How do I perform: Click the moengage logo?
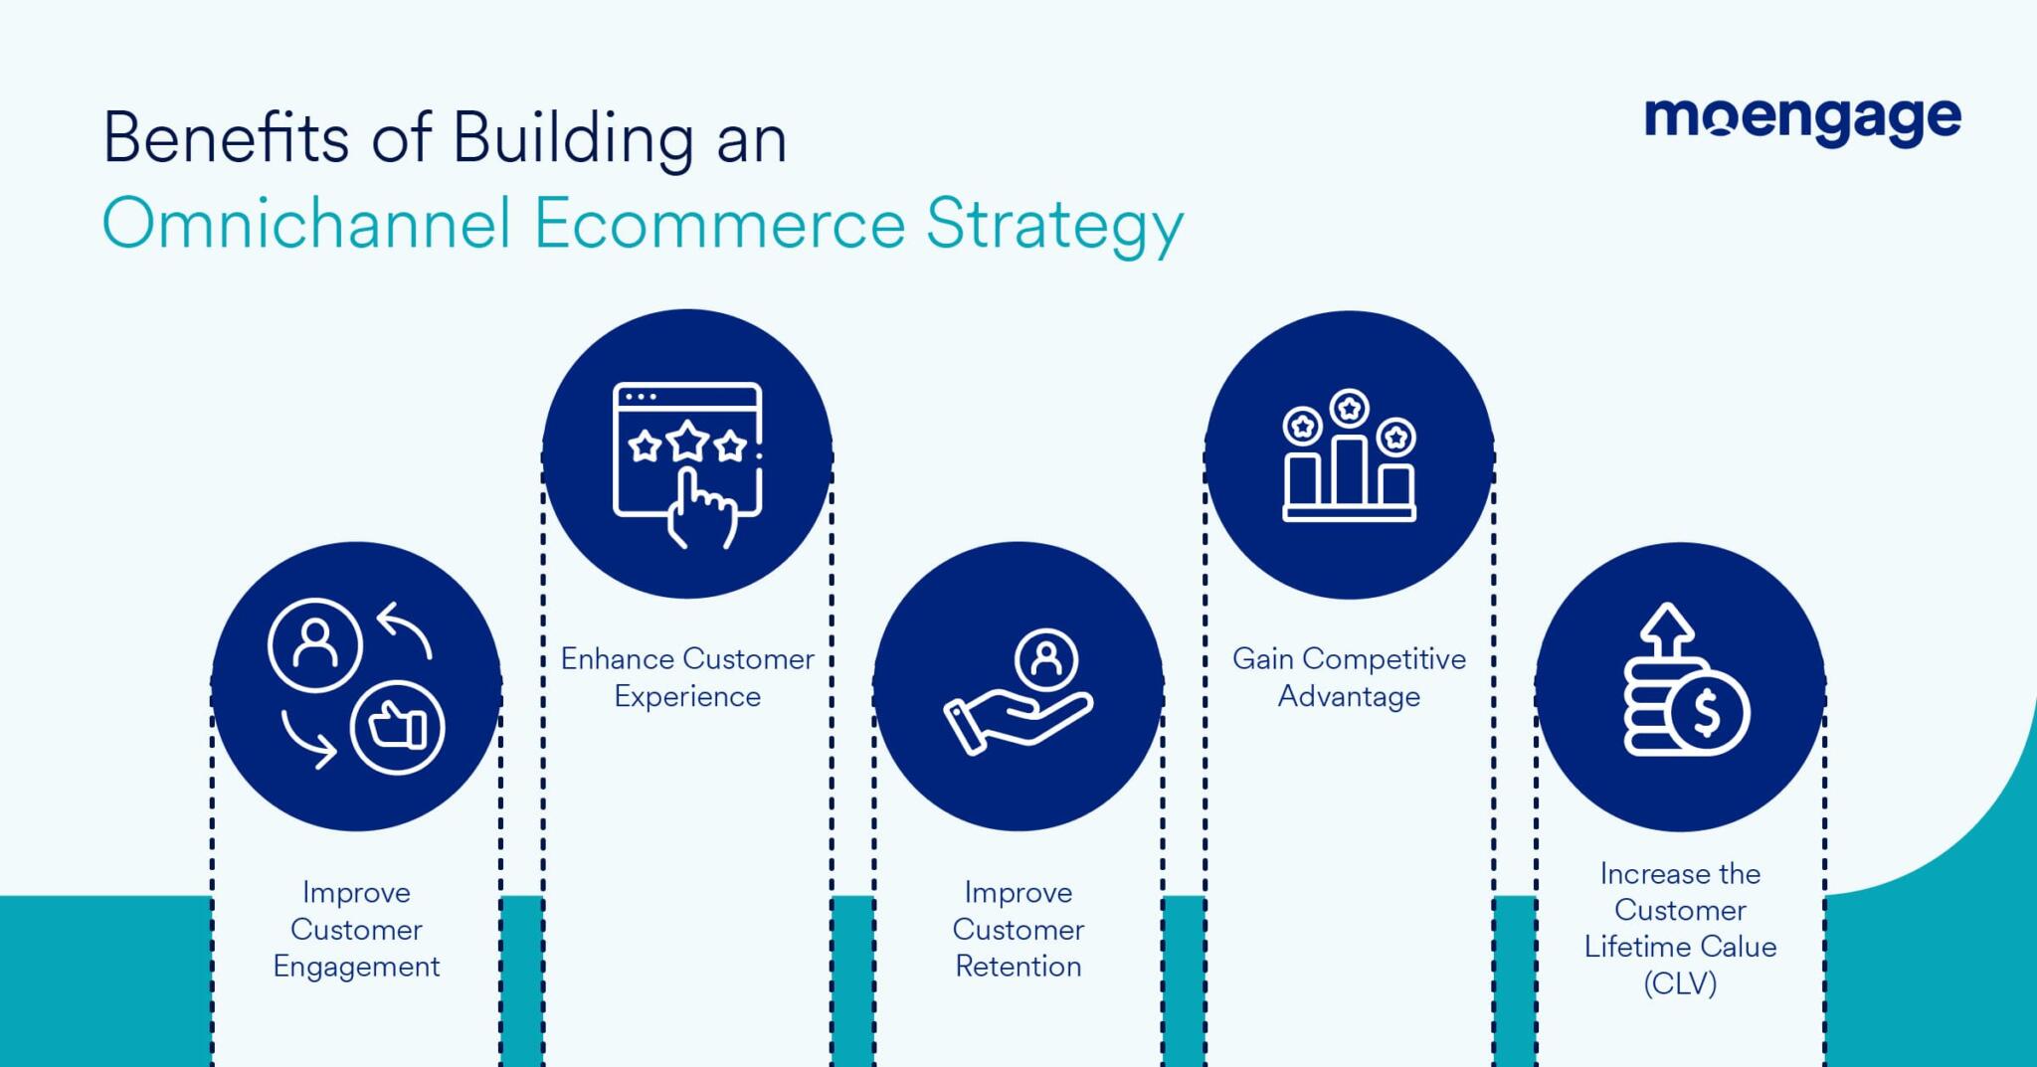pyautogui.click(x=1801, y=121)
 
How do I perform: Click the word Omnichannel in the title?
pyautogui.click(x=306, y=224)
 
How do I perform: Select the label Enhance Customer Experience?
pyautogui.click(x=686, y=677)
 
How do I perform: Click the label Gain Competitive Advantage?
pyautogui.click(x=1349, y=677)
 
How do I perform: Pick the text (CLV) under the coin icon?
pyautogui.click(x=1680, y=983)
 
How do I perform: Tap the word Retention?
pyautogui.click(x=1018, y=967)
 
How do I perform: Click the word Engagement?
pyautogui.click(x=356, y=967)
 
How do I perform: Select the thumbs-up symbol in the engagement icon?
pyautogui.click(x=398, y=727)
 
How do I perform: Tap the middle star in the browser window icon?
pyautogui.click(x=687, y=441)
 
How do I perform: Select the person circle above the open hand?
pyautogui.click(x=1046, y=658)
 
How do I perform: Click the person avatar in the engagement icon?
pyautogui.click(x=314, y=644)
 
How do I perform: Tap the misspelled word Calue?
pyautogui.click(x=1740, y=947)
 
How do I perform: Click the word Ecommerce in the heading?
pyautogui.click(x=718, y=224)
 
